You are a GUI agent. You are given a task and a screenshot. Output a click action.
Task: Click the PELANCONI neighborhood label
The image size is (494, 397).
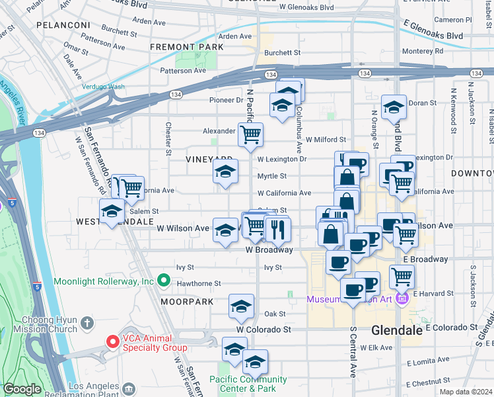63,24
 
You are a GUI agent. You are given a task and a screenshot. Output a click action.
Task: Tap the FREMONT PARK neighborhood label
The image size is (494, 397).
186,47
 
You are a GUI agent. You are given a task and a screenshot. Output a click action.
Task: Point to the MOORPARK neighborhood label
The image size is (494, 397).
187,302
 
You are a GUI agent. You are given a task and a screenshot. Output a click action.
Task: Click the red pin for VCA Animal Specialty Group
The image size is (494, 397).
113,342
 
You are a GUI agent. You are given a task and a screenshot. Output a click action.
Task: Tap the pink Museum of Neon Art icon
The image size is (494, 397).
402,300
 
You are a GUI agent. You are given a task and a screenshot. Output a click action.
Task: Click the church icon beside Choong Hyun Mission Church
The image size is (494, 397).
87,324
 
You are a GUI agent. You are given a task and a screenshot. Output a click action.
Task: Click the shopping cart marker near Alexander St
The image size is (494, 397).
250,135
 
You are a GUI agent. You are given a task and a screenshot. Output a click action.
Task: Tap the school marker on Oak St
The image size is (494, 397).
241,306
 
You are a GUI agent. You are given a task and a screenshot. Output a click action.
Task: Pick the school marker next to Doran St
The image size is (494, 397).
394,107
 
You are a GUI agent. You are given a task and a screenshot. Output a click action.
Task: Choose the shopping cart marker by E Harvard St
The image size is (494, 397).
402,276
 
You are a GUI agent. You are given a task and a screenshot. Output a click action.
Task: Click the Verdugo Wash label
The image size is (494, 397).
103,86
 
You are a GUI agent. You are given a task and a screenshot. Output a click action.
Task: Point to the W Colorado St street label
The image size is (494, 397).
264,329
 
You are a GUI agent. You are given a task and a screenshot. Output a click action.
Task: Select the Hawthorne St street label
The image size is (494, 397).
199,283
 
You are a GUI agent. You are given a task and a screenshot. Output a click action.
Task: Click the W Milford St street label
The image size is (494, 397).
326,140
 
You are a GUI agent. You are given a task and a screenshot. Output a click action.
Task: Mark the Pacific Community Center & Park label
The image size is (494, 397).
248,384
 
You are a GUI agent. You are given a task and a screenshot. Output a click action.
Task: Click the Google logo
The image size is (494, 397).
22,389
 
